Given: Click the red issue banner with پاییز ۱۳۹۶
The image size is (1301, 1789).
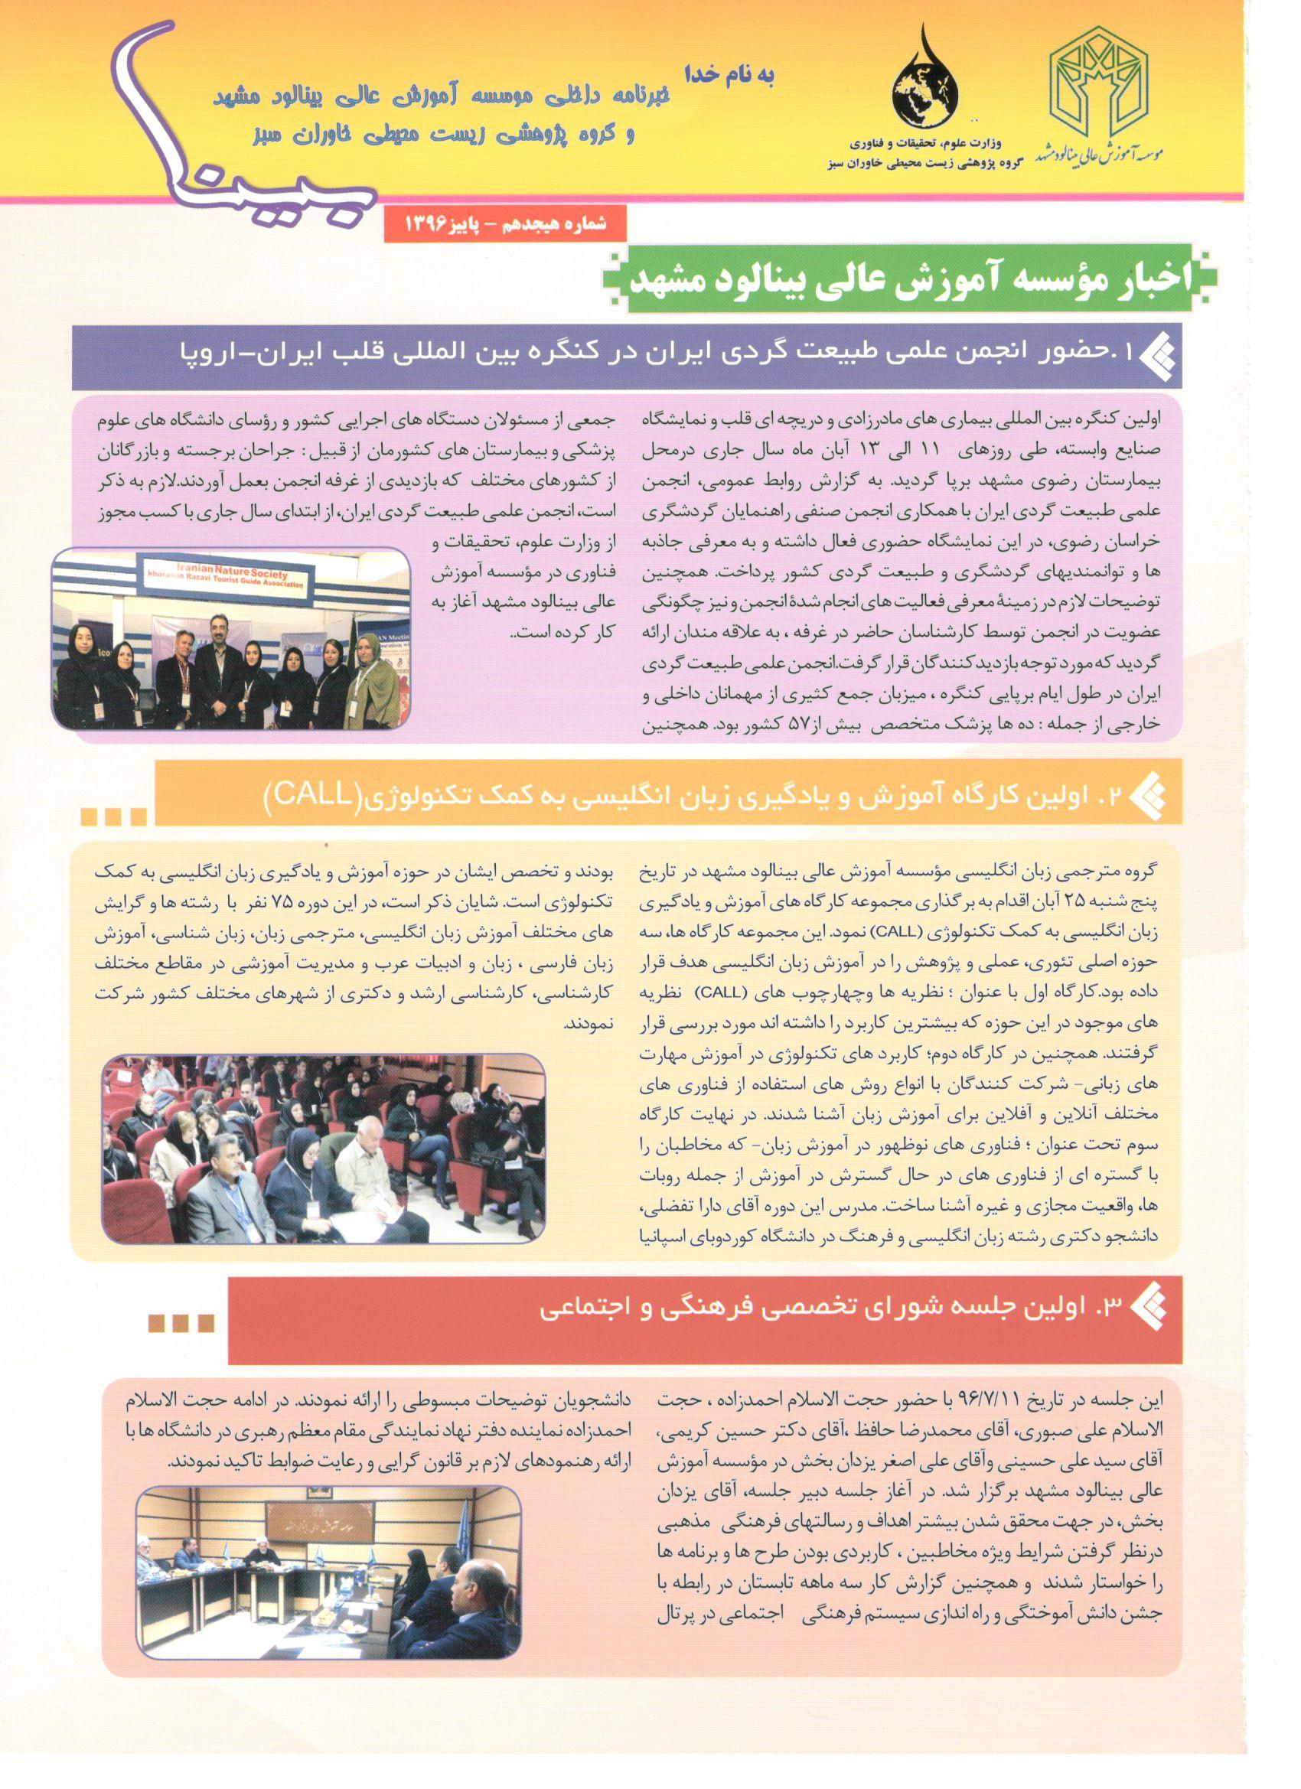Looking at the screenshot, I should click(x=505, y=225).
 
